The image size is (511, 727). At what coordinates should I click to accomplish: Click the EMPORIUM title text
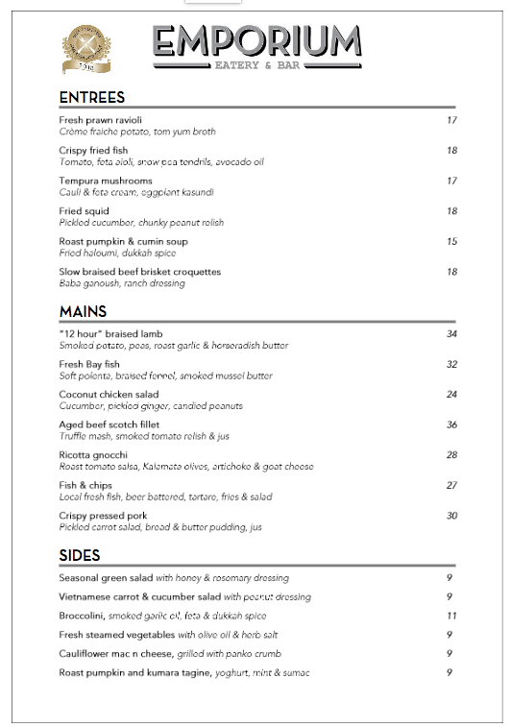click(256, 42)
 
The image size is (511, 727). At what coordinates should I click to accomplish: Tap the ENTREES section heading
click(92, 97)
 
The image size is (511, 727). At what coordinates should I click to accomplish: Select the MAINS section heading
click(83, 311)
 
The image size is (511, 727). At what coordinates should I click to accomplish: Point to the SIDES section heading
click(80, 555)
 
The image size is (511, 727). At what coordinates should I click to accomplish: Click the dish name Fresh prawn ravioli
click(101, 120)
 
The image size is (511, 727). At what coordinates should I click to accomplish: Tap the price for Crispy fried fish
click(451, 151)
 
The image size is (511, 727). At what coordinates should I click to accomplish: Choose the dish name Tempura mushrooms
click(106, 181)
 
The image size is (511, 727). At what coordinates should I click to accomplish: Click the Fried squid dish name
click(85, 211)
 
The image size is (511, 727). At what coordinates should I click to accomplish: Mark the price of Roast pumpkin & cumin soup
click(451, 241)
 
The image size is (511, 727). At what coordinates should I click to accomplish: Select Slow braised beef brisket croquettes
click(140, 272)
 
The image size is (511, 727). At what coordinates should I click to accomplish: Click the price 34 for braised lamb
click(451, 333)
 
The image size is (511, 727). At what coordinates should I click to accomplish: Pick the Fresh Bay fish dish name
click(89, 364)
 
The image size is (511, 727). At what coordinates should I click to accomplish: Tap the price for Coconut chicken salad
click(451, 394)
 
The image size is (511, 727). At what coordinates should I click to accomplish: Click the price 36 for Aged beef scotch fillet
click(451, 424)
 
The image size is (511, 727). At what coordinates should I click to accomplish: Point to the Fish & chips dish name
click(86, 486)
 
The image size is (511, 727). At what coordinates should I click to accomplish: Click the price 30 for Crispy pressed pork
click(451, 516)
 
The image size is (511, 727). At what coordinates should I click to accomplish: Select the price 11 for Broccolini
click(450, 616)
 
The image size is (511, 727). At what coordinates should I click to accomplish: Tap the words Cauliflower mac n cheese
click(116, 654)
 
